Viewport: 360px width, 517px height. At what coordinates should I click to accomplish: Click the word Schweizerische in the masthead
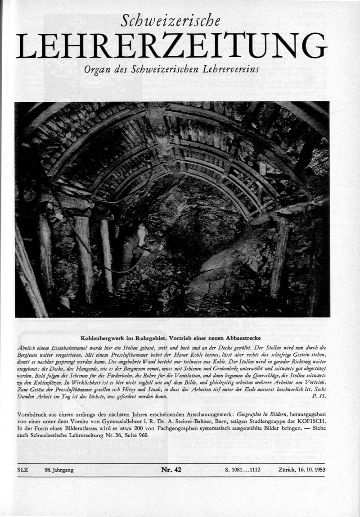click(x=171, y=20)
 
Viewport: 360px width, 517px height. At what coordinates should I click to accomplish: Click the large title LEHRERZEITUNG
click(x=171, y=46)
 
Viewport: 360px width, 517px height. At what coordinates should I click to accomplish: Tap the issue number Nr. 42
click(x=171, y=470)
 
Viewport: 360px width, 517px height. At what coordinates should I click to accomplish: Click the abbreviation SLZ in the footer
click(x=22, y=470)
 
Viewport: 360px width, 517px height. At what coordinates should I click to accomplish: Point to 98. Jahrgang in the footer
click(x=59, y=470)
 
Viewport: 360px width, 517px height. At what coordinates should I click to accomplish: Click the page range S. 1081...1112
click(x=245, y=470)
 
